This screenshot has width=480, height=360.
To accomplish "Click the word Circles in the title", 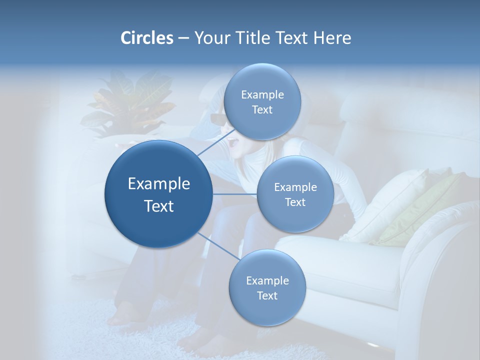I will click(x=146, y=38).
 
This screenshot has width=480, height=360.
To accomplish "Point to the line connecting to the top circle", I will click(x=212, y=145).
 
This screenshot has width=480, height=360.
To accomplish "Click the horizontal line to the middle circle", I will click(x=234, y=193).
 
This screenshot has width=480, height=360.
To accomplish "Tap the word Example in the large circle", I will click(x=159, y=184).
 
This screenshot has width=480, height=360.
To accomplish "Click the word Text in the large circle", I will click(x=159, y=206).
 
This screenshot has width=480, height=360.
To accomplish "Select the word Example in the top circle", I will click(x=262, y=95).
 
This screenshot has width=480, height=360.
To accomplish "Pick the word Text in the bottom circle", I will click(x=267, y=296).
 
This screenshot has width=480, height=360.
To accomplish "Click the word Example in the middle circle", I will click(x=295, y=187).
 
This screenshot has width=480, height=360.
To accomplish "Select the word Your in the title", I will click(x=210, y=38).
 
